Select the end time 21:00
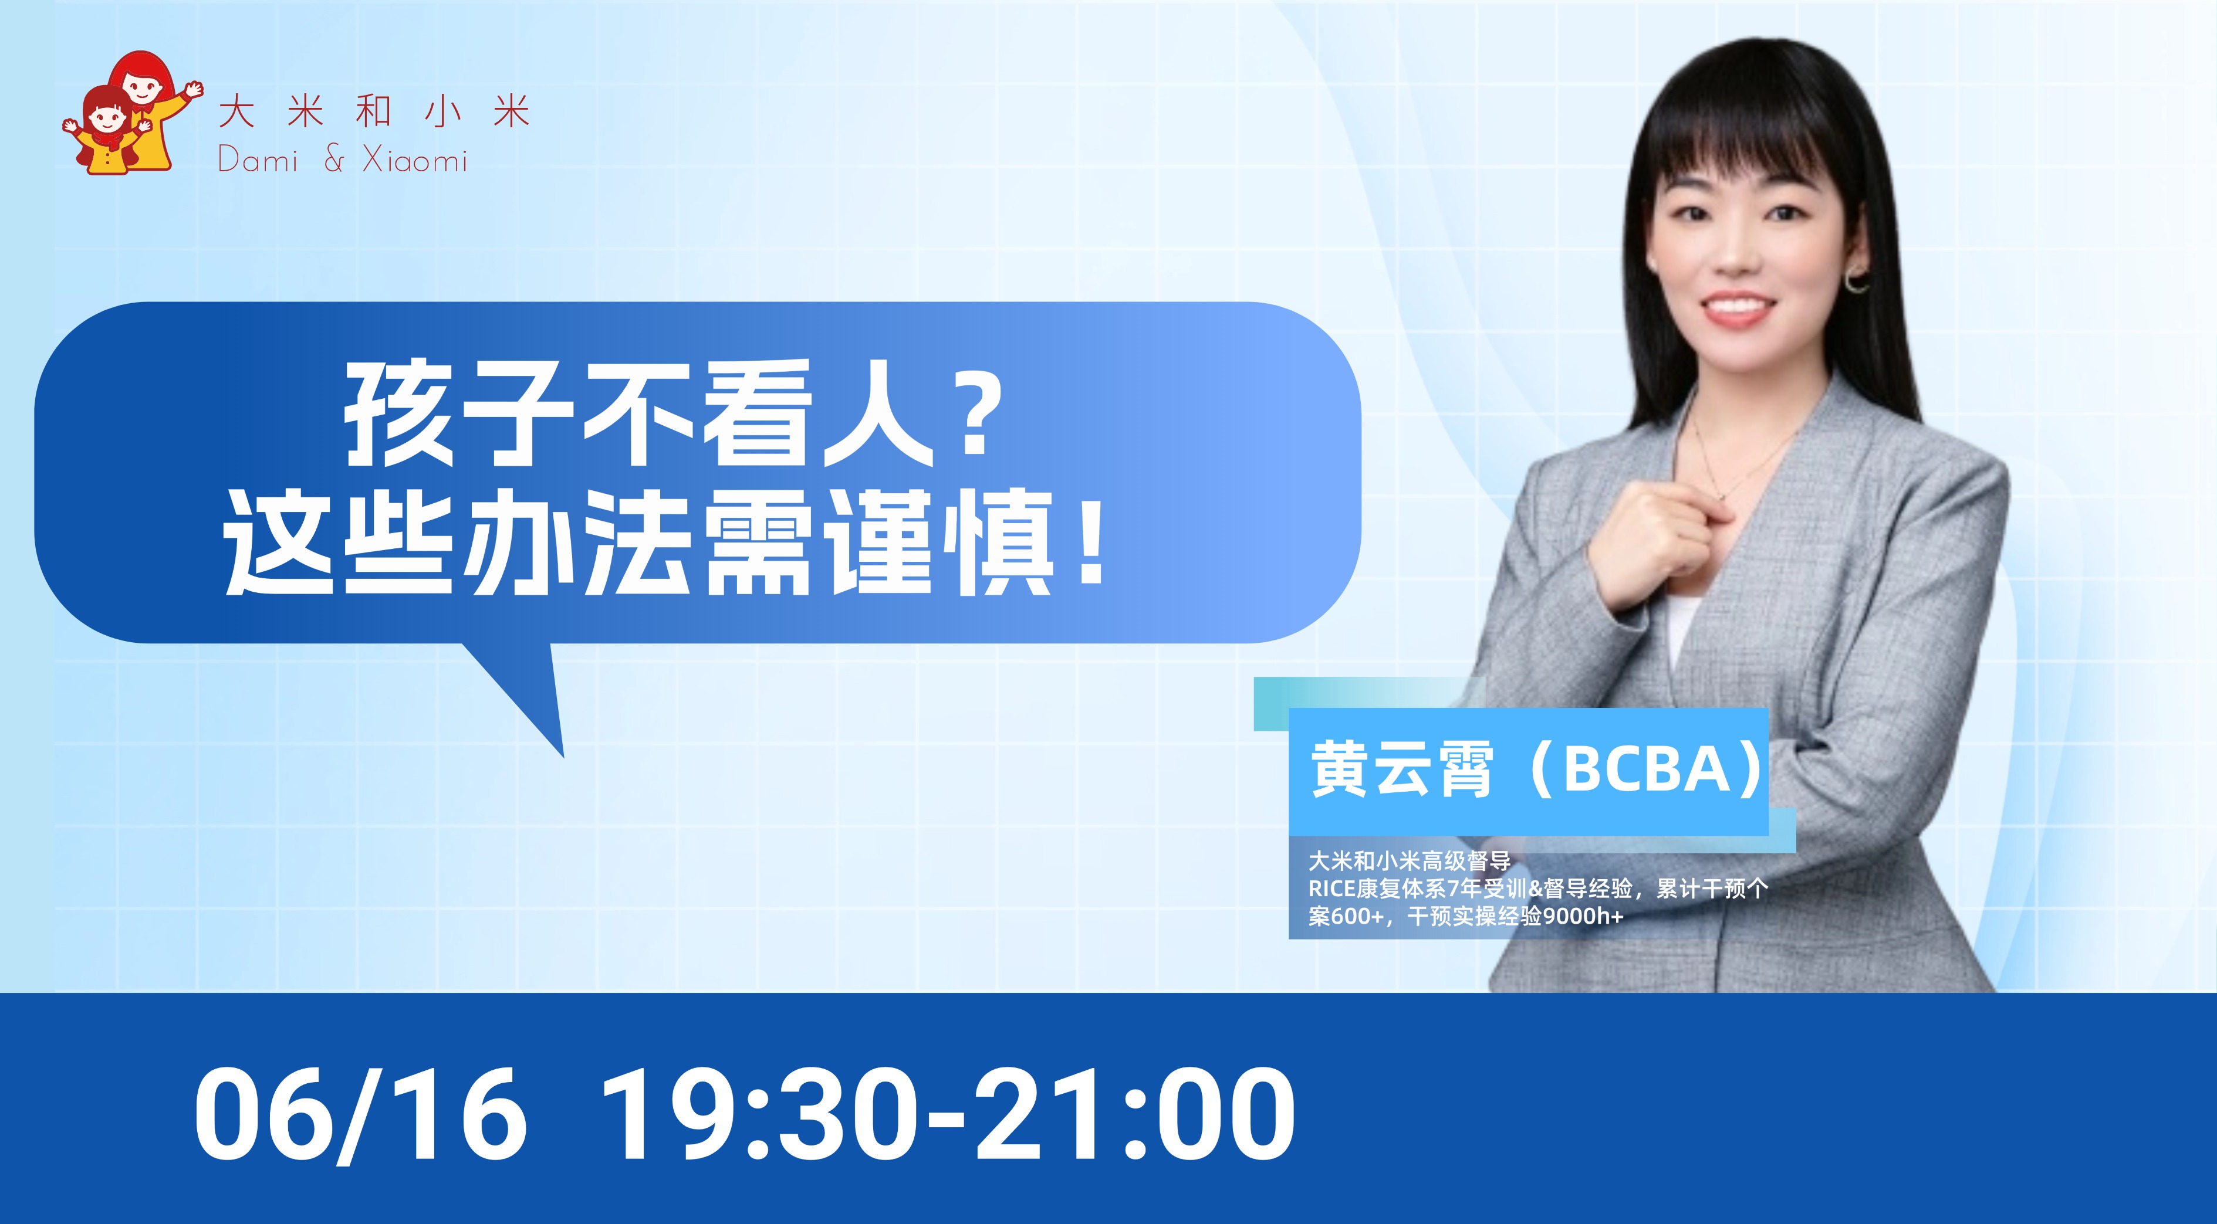click(x=1136, y=1115)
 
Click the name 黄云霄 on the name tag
click(x=1401, y=770)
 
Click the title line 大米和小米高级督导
click(x=1410, y=861)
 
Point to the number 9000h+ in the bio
click(x=1583, y=917)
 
